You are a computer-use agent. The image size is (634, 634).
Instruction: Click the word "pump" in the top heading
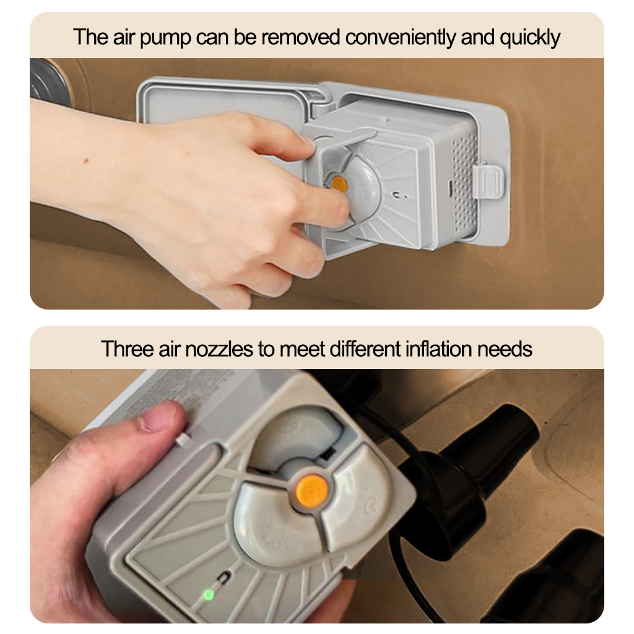coord(165,38)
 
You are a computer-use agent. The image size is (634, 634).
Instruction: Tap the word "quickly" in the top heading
coord(530,38)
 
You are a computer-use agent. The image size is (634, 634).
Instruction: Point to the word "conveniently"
coord(400,38)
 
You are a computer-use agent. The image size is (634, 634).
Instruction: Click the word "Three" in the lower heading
coord(126,349)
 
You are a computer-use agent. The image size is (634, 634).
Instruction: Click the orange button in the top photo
coord(339,185)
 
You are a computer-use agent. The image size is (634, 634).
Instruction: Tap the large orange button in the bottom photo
coord(311,490)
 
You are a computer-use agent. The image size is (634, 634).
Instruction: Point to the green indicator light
coord(209,595)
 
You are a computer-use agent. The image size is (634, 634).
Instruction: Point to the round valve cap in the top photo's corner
coord(48,83)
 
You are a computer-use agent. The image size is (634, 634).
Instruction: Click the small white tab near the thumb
coord(183,440)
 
